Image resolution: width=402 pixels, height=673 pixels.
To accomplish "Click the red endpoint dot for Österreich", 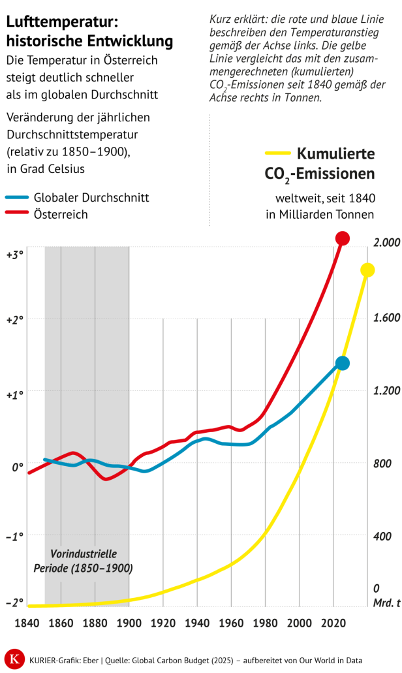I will click(x=343, y=238).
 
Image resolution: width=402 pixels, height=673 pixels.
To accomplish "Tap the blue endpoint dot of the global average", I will click(x=343, y=363).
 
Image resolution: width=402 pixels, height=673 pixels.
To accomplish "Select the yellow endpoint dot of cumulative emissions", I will click(x=367, y=270).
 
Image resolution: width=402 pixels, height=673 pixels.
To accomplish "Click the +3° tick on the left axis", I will click(x=14, y=255).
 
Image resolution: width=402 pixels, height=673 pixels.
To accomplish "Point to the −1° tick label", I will click(x=14, y=536).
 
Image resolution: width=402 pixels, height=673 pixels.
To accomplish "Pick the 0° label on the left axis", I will click(x=16, y=467).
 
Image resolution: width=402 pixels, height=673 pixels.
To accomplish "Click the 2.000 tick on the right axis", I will click(x=386, y=243).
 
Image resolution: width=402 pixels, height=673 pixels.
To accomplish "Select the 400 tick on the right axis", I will click(x=380, y=536).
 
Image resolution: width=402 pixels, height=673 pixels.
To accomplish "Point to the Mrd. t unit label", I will click(x=386, y=603).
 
